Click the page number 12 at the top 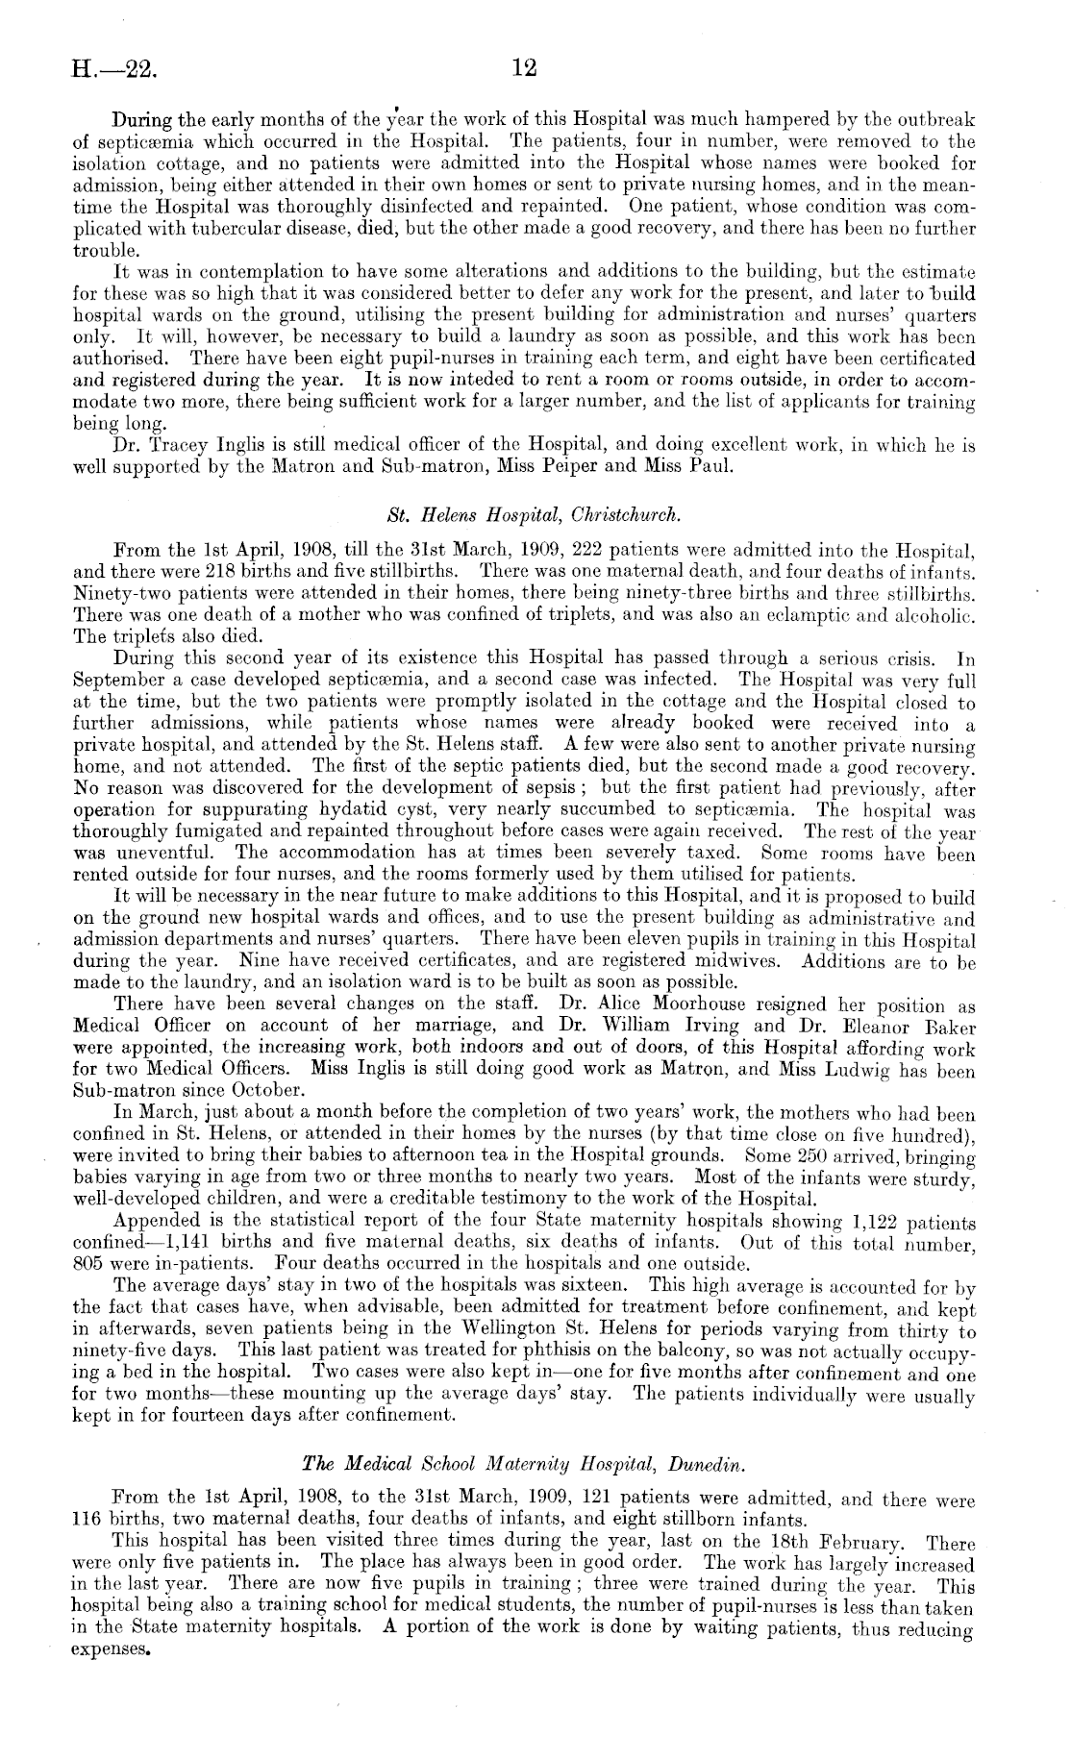(x=525, y=68)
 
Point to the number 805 (x=89, y=1262)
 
